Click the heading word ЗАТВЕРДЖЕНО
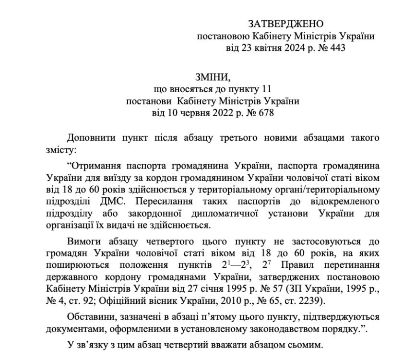286,24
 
